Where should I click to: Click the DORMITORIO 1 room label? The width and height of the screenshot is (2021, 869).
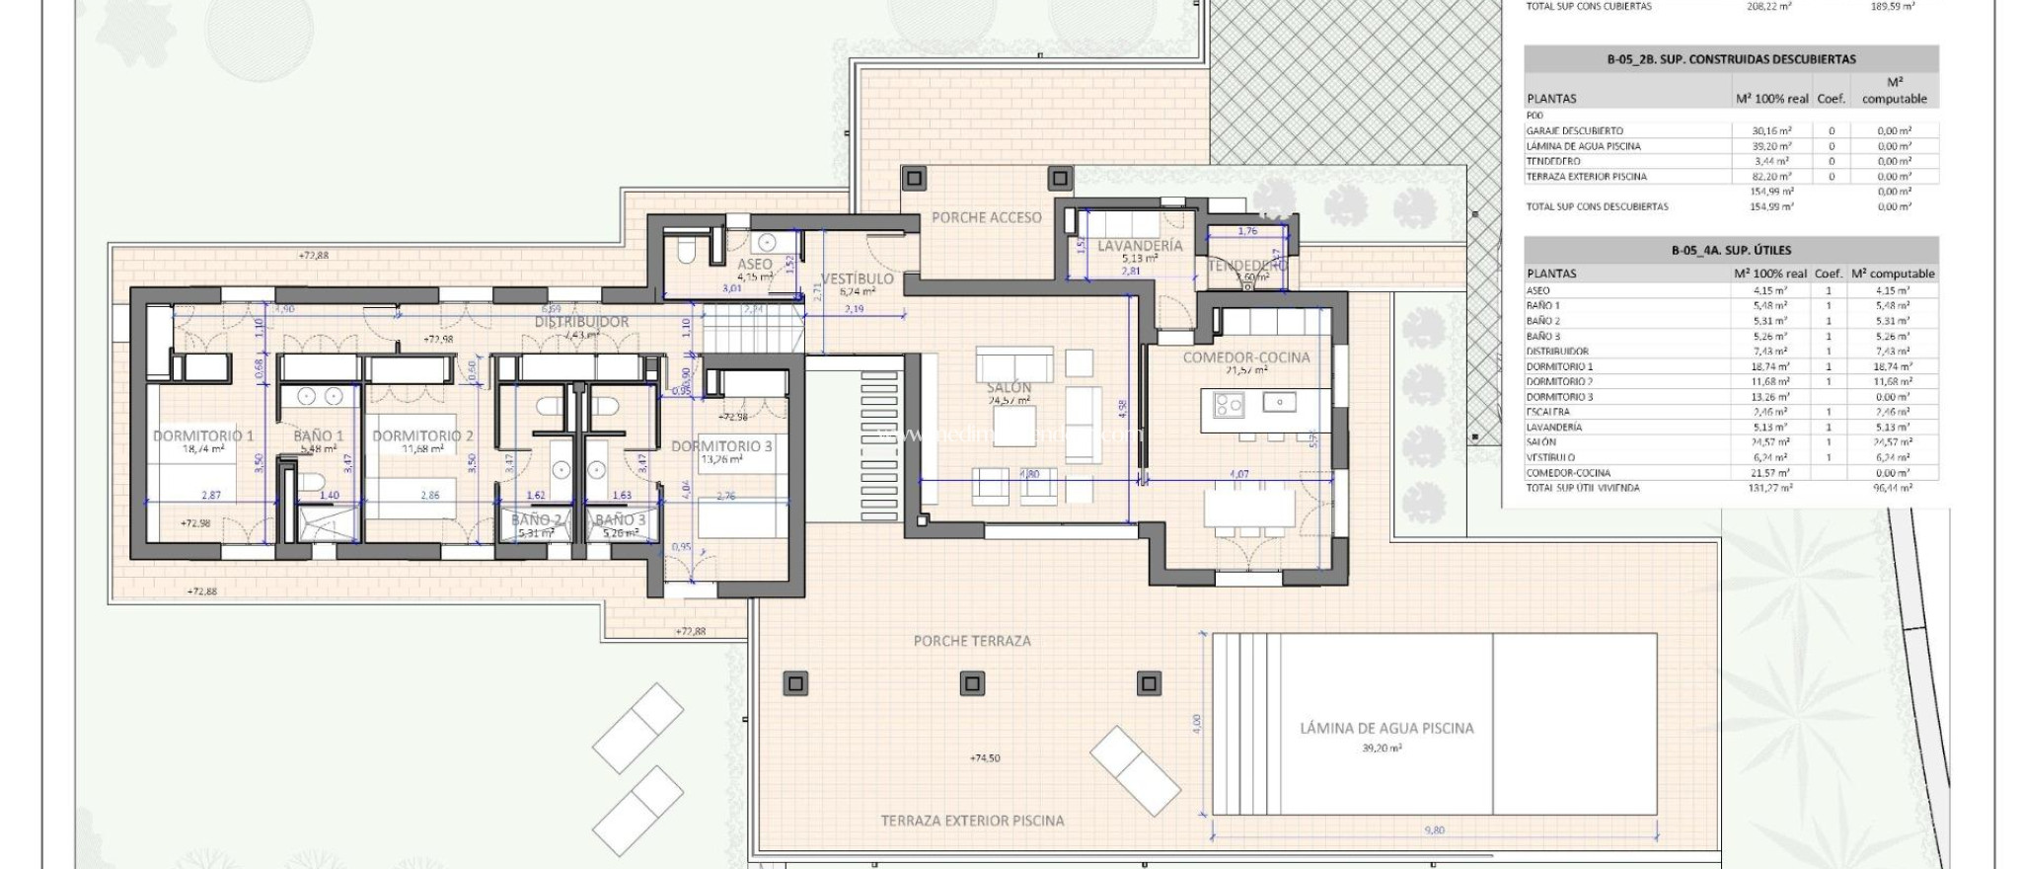[x=203, y=435]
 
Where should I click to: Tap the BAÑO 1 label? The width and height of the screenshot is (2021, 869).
[x=319, y=435]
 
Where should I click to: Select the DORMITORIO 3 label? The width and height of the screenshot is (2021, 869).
[x=721, y=446]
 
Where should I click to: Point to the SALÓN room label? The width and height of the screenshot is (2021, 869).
[x=1009, y=388]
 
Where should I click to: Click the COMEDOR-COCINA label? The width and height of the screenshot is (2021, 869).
[x=1246, y=357]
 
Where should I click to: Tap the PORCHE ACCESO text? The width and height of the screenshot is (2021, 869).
[x=987, y=217]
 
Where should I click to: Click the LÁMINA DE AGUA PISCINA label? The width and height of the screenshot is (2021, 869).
[x=1386, y=728]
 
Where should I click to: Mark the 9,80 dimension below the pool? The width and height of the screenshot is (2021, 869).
[x=1435, y=830]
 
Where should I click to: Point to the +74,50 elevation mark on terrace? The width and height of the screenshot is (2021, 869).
[x=985, y=758]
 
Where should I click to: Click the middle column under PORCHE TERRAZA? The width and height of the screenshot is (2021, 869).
[x=972, y=683]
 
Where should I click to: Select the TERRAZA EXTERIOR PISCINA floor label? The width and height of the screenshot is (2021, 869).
[x=972, y=821]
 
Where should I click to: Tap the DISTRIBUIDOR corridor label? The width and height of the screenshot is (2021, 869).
[x=582, y=322]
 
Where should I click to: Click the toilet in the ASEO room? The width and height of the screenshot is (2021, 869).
[x=688, y=252]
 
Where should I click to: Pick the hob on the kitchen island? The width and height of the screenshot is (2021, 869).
[x=1229, y=404]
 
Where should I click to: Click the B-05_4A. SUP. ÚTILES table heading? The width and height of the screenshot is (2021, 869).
[x=1731, y=251]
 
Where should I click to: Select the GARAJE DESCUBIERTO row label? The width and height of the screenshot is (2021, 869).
[x=1574, y=130]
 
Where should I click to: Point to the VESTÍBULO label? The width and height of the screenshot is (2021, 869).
[x=857, y=278]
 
